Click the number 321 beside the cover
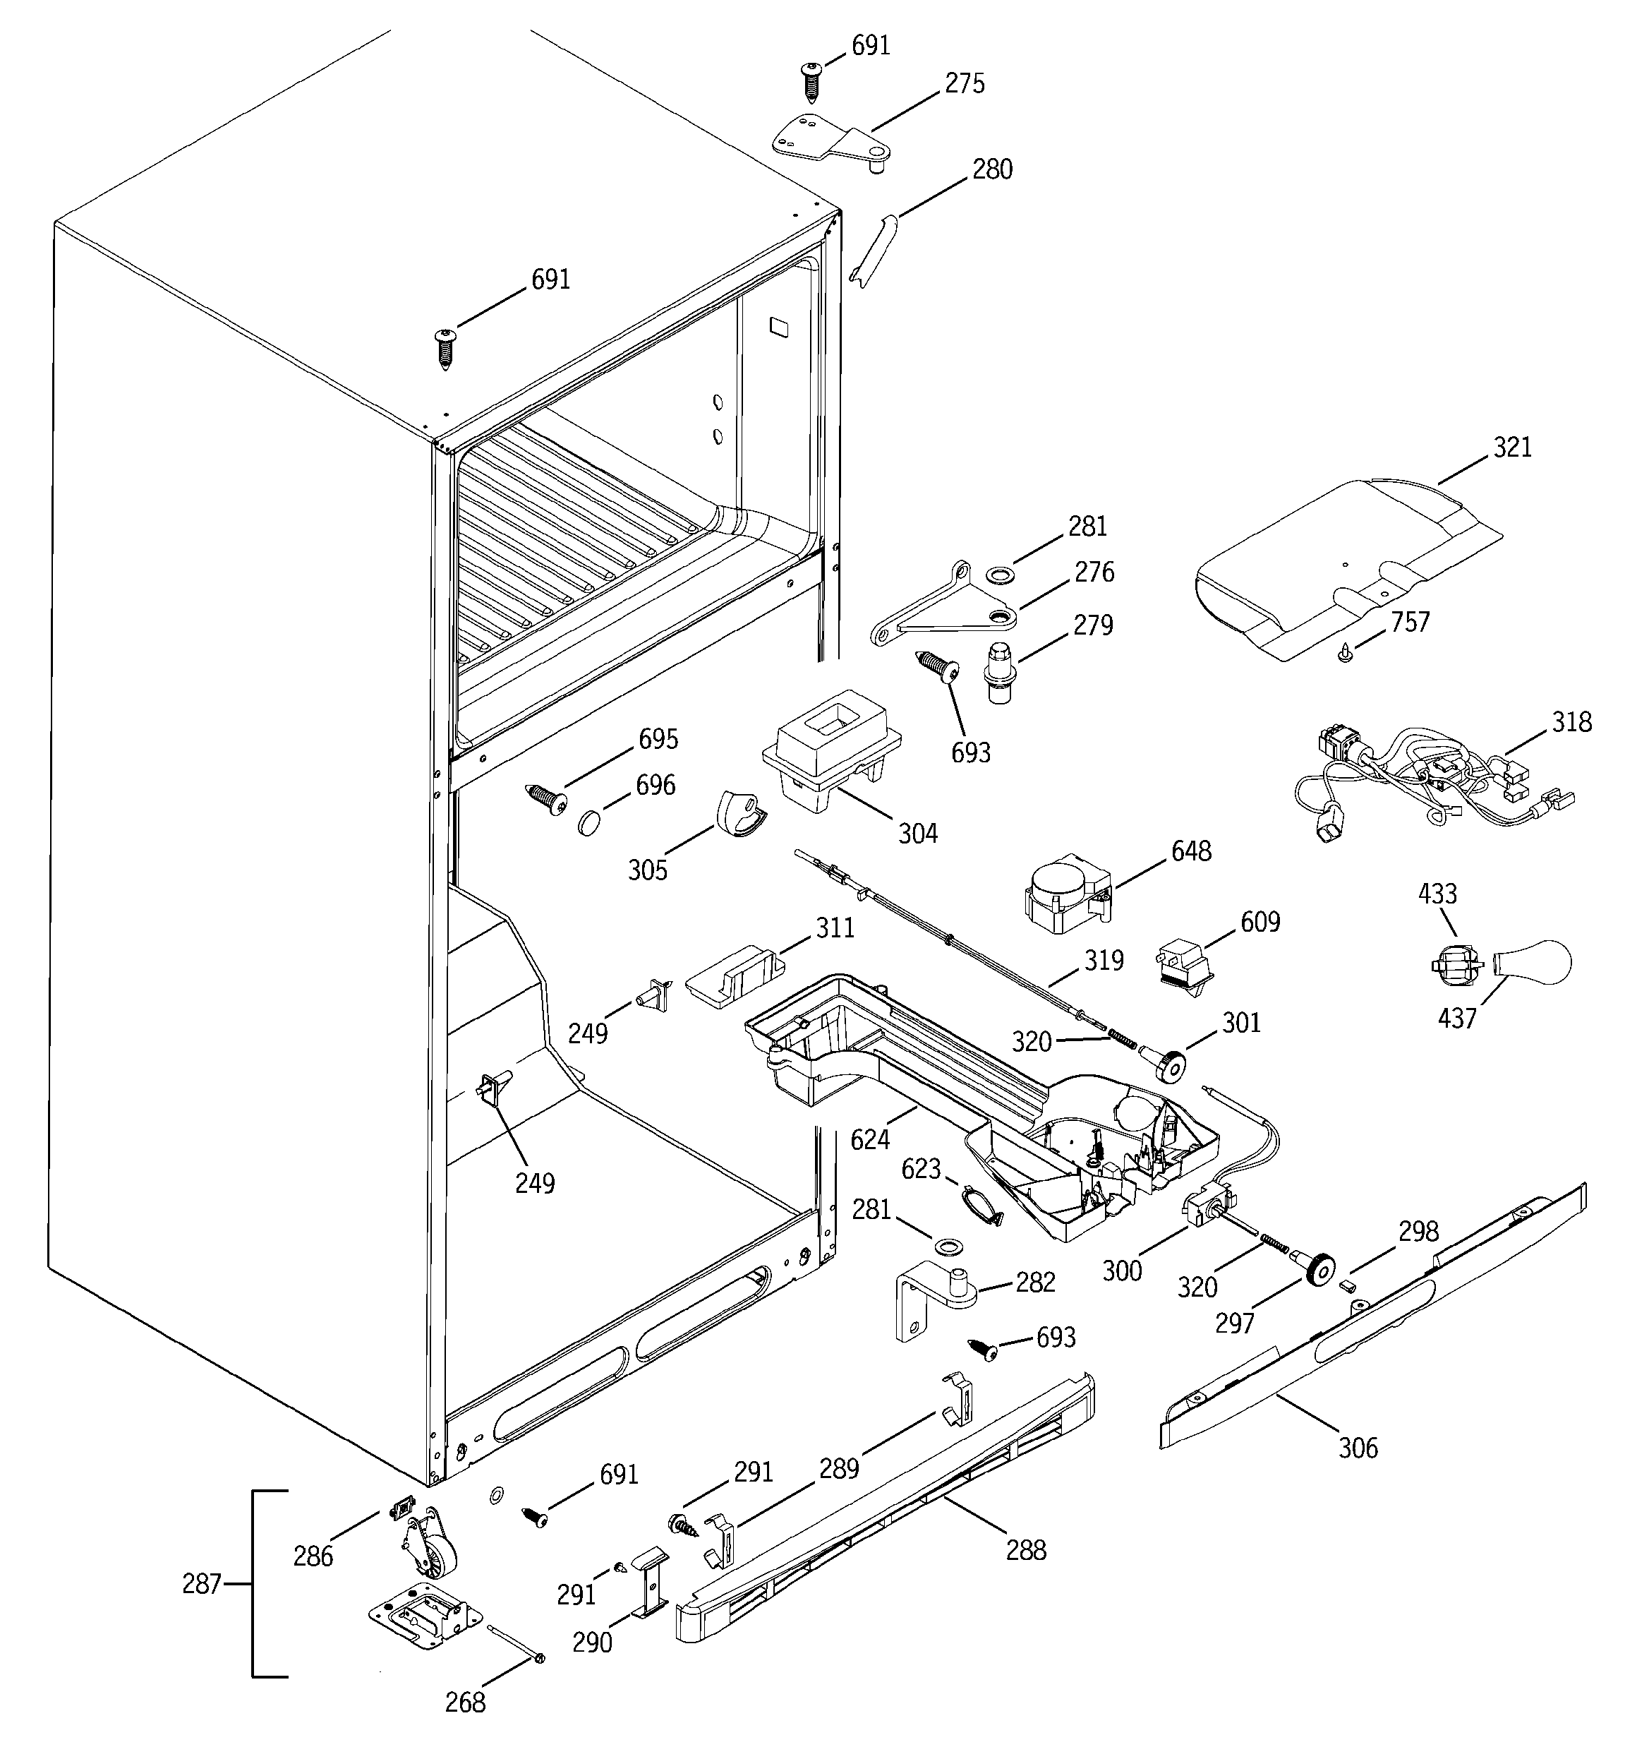pyautogui.click(x=1511, y=448)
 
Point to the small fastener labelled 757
pyautogui.click(x=1344, y=652)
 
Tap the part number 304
pyautogui.click(x=917, y=833)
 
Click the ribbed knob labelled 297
pyautogui.click(x=1319, y=1271)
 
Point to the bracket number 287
pyautogui.click(x=201, y=1583)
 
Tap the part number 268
pyautogui.click(x=465, y=1703)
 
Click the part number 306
pyautogui.click(x=1358, y=1446)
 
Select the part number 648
pyautogui.click(x=1190, y=851)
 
